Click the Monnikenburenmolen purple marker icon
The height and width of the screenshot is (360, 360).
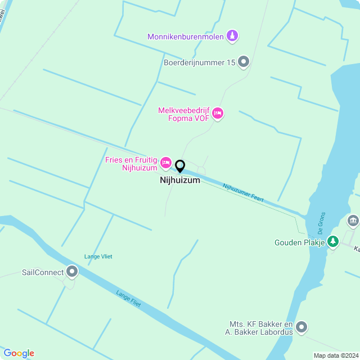(232, 37)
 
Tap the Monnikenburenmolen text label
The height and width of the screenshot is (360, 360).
(186, 37)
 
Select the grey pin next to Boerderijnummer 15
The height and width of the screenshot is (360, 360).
(244, 62)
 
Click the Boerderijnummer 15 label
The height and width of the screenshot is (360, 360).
(199, 63)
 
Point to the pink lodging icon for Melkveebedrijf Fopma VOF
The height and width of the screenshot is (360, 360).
(218, 114)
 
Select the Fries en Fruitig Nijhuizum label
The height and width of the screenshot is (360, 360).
(131, 164)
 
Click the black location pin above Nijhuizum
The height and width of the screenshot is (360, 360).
(180, 166)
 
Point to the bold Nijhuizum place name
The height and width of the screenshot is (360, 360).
(180, 181)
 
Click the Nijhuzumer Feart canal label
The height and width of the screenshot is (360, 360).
(243, 193)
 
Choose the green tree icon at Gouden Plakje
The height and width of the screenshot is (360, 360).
(333, 241)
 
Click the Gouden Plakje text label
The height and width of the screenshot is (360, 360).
(300, 242)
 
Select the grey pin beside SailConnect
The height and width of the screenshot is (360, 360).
(72, 272)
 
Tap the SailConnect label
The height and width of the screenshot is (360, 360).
(42, 273)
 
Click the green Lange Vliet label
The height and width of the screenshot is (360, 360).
(98, 256)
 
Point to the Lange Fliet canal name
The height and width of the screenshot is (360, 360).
(128, 298)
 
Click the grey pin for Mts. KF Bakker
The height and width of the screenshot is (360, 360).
(301, 327)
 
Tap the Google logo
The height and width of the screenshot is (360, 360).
(19, 353)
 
